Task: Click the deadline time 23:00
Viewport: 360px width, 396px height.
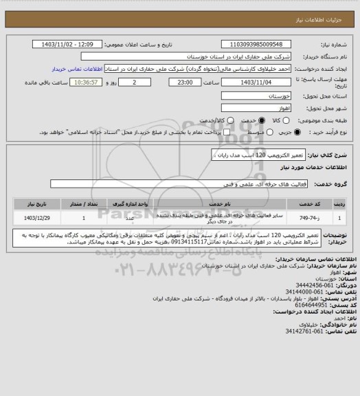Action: [183, 82]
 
